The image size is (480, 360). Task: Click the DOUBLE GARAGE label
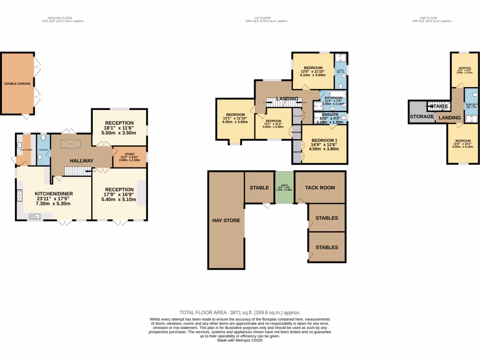[x=17, y=84]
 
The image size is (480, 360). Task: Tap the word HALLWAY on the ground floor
[x=82, y=161]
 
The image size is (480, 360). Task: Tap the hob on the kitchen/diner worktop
[x=19, y=194]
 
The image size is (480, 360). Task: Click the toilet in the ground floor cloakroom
[x=43, y=139]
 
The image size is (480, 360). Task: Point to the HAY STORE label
[x=226, y=220]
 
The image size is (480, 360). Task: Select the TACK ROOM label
[x=320, y=187]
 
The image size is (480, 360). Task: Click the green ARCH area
[x=284, y=187]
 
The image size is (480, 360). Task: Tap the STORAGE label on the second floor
[x=422, y=116]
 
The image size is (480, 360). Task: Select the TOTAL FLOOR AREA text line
[x=240, y=312]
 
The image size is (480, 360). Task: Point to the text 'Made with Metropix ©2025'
[x=240, y=341]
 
